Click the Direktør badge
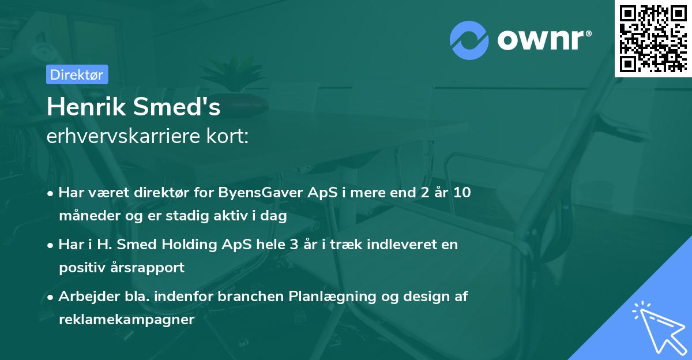[77, 74]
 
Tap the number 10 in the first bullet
[461, 193]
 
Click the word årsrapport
[152, 268]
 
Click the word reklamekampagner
[126, 320]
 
